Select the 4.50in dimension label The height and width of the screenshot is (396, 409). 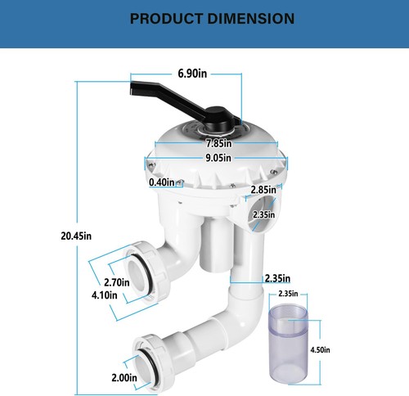(321, 349)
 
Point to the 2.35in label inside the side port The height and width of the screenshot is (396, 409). (263, 215)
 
